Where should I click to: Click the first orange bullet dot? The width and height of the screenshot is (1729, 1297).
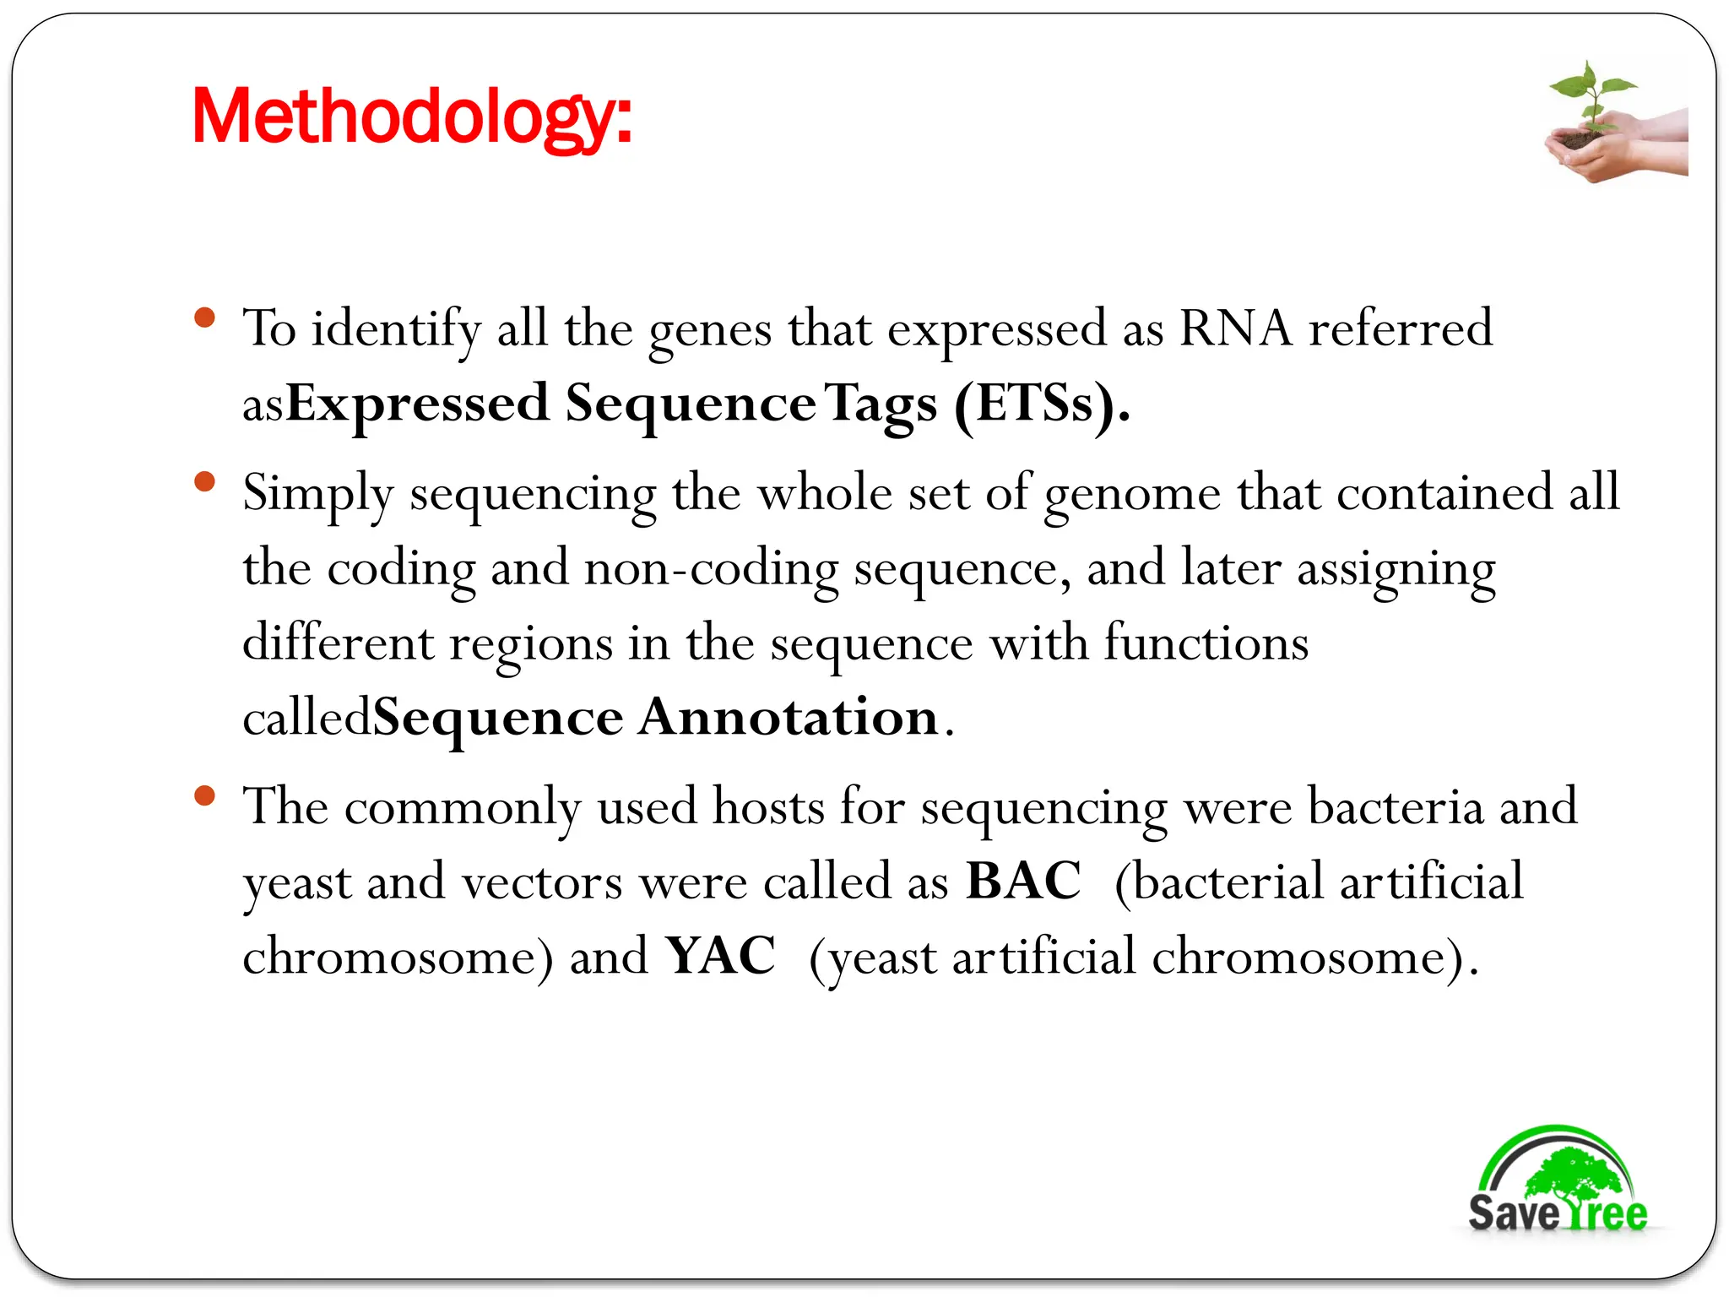[x=204, y=318]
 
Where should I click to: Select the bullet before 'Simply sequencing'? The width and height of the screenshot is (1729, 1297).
[x=204, y=482]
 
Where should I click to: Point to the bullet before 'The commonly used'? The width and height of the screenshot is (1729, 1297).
[x=204, y=795]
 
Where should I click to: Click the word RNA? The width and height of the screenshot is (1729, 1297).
[x=1235, y=328]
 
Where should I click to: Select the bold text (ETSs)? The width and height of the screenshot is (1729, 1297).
[x=1042, y=404]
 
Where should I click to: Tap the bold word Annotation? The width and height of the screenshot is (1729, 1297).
[x=788, y=718]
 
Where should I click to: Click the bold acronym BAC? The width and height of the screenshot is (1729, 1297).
[x=1023, y=882]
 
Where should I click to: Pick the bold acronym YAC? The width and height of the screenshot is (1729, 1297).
[x=720, y=957]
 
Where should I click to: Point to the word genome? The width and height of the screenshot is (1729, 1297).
[x=1132, y=494]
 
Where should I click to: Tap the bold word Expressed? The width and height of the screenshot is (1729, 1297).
[x=418, y=404]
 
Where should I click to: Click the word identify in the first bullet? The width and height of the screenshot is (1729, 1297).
[x=396, y=328]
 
